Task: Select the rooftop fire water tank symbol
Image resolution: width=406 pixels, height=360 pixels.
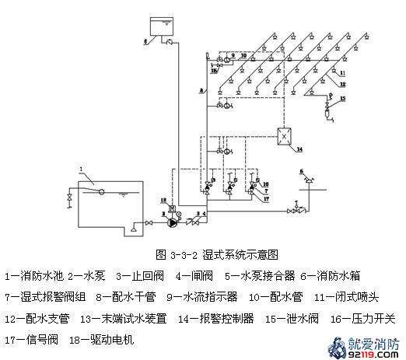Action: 162,26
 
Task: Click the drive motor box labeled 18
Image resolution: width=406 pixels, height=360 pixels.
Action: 172,208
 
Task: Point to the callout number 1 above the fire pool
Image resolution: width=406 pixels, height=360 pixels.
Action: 80,168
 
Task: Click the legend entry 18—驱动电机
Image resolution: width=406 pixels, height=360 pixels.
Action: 101,339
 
